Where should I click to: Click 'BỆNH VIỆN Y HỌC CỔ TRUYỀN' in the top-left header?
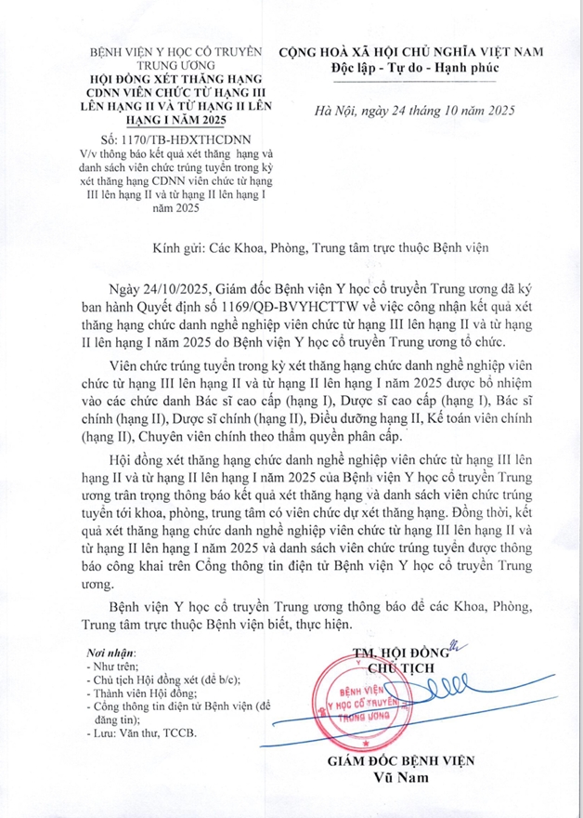pos(175,52)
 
